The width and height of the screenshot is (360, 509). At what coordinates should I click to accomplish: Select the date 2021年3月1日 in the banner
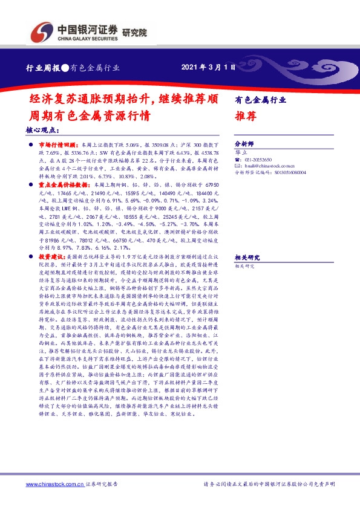(209, 67)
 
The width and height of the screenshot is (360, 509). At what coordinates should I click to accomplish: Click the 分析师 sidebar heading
(244, 144)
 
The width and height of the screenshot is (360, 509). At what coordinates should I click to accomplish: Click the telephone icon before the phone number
(237, 160)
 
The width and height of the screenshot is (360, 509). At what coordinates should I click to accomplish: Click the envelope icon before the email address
(237, 165)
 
